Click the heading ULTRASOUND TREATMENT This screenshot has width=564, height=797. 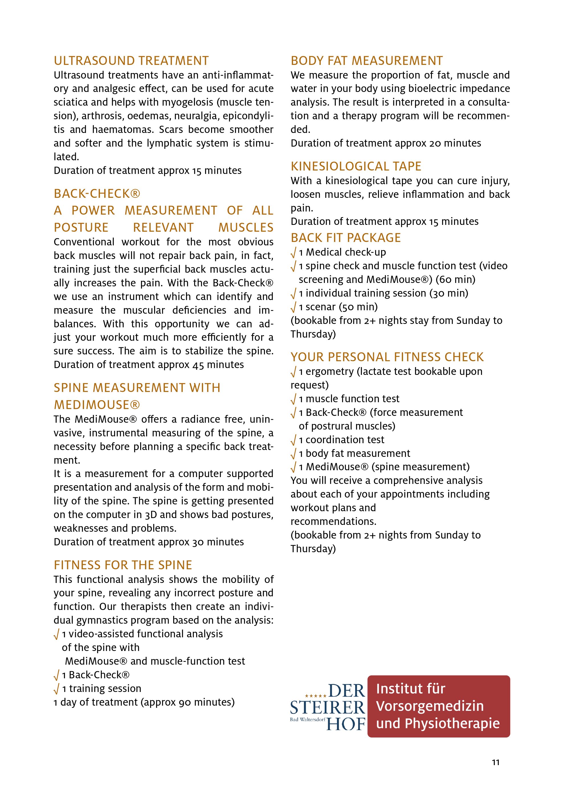tap(131, 61)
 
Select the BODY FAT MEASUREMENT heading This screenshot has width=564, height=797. tap(366, 61)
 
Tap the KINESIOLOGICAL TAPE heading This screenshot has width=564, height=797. tap(355, 166)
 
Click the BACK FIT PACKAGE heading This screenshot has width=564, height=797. tap(346, 238)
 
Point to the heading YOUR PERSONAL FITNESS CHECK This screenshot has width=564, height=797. tap(387, 357)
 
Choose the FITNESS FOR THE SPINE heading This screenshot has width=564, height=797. tap(122, 565)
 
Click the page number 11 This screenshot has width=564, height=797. tap(496, 762)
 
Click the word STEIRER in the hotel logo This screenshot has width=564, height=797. tap(327, 707)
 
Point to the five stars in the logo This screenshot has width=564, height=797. tap(315, 696)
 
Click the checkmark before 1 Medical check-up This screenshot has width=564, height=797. tap(294, 253)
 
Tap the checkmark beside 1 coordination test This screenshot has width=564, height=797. tap(294, 440)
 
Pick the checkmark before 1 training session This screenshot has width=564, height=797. tap(57, 689)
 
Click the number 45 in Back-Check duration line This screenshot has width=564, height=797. tap(198, 365)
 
